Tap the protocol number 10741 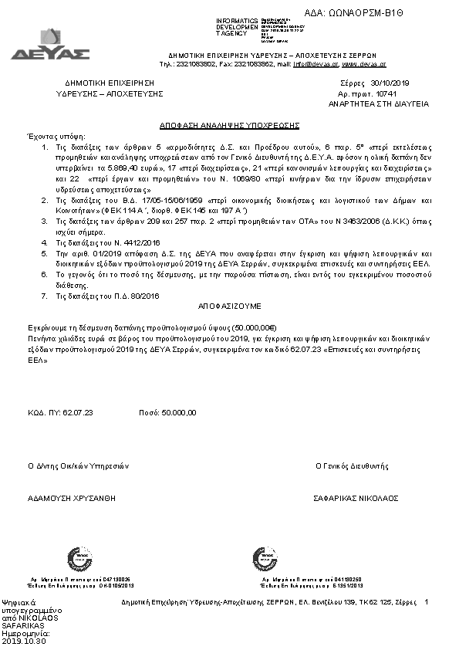tap(386, 93)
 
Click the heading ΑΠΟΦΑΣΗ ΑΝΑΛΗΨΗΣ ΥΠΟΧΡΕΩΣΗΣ tap(224, 125)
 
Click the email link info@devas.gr tap(316, 65)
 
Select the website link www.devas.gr tap(364, 65)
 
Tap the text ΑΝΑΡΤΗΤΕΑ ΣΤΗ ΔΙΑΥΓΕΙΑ tap(378, 103)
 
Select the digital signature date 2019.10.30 tap(25, 641)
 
